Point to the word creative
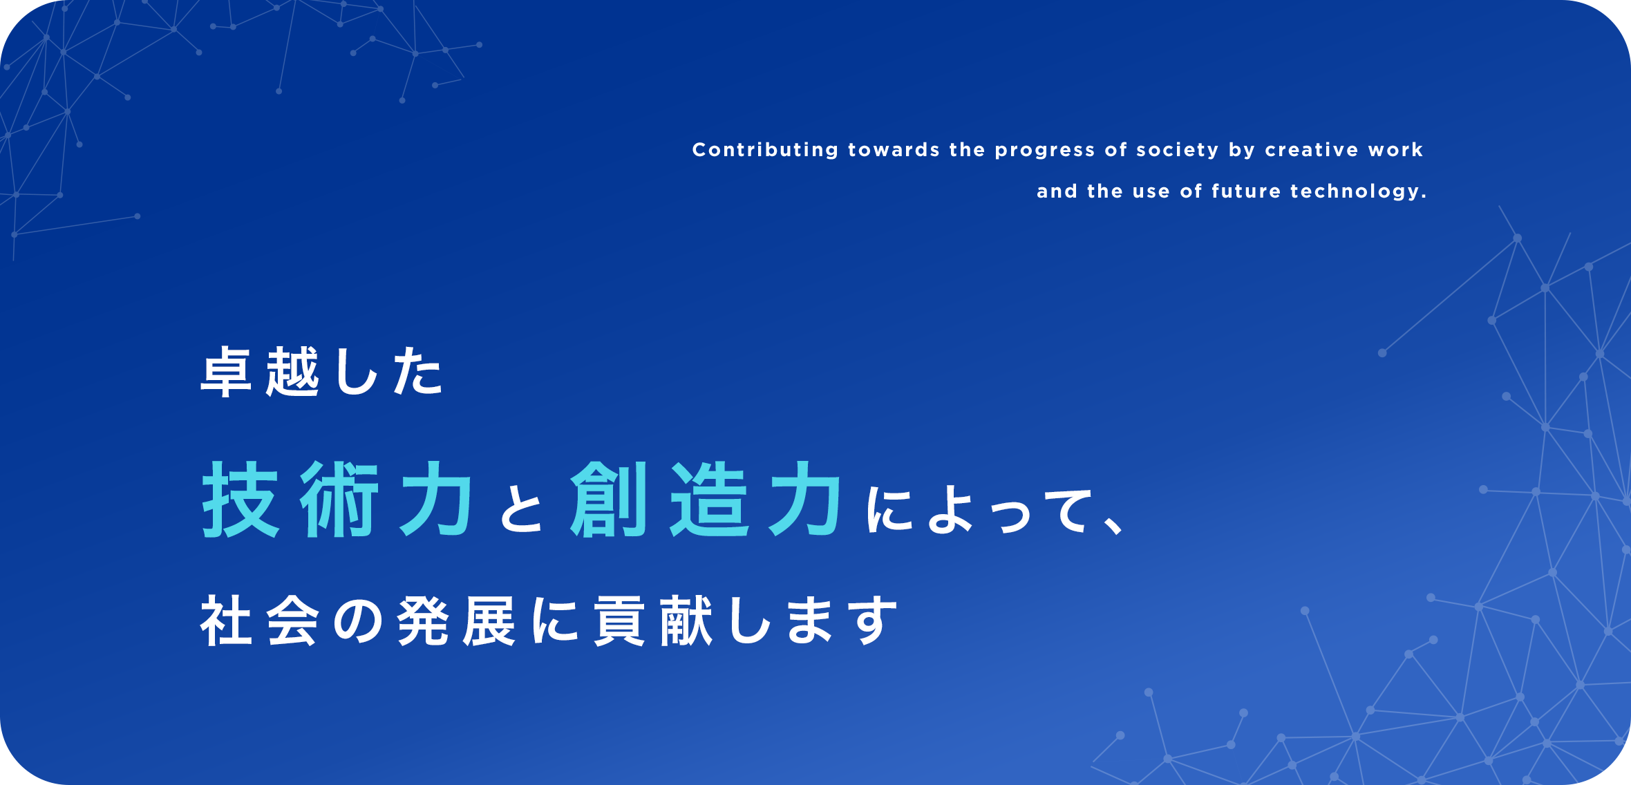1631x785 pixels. (x=1312, y=150)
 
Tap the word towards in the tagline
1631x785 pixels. (x=894, y=150)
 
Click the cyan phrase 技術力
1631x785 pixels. (x=337, y=499)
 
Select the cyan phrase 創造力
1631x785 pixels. (x=706, y=499)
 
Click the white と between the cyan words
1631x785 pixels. (x=522, y=509)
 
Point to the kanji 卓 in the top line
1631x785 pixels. (x=225, y=372)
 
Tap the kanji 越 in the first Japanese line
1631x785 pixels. (x=292, y=372)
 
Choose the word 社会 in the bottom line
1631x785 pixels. (x=260, y=621)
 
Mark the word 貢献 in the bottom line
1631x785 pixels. (x=653, y=621)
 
